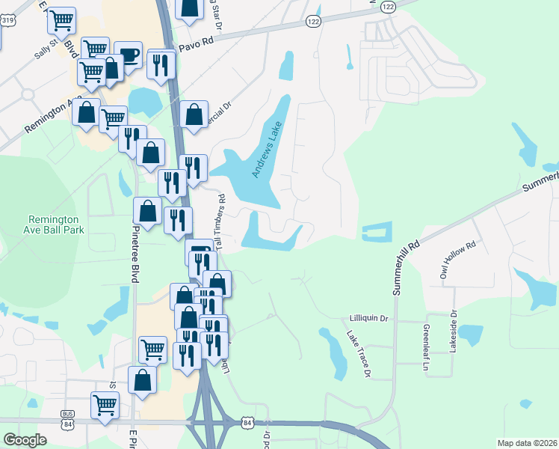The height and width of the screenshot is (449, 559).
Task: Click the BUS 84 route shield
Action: click(69, 417)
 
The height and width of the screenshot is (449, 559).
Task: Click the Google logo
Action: click(25, 439)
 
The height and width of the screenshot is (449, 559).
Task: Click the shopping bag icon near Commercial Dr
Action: click(194, 114)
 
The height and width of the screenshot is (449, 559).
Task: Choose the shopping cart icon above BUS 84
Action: click(105, 405)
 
